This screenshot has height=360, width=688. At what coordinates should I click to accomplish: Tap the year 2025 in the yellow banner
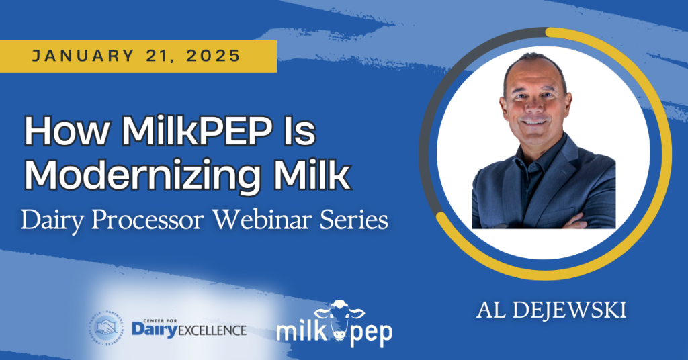[x=213, y=56]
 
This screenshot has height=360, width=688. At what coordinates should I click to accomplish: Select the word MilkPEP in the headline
[x=196, y=131]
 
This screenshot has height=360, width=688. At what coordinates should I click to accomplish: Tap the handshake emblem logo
[x=107, y=328]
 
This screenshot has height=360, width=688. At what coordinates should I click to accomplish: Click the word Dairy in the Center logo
[x=154, y=329]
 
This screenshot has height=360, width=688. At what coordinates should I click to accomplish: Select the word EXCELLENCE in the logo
[x=212, y=330]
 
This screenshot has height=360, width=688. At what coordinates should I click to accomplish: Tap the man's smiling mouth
[x=534, y=122]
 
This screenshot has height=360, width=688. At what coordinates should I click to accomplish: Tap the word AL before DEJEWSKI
[x=490, y=310]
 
